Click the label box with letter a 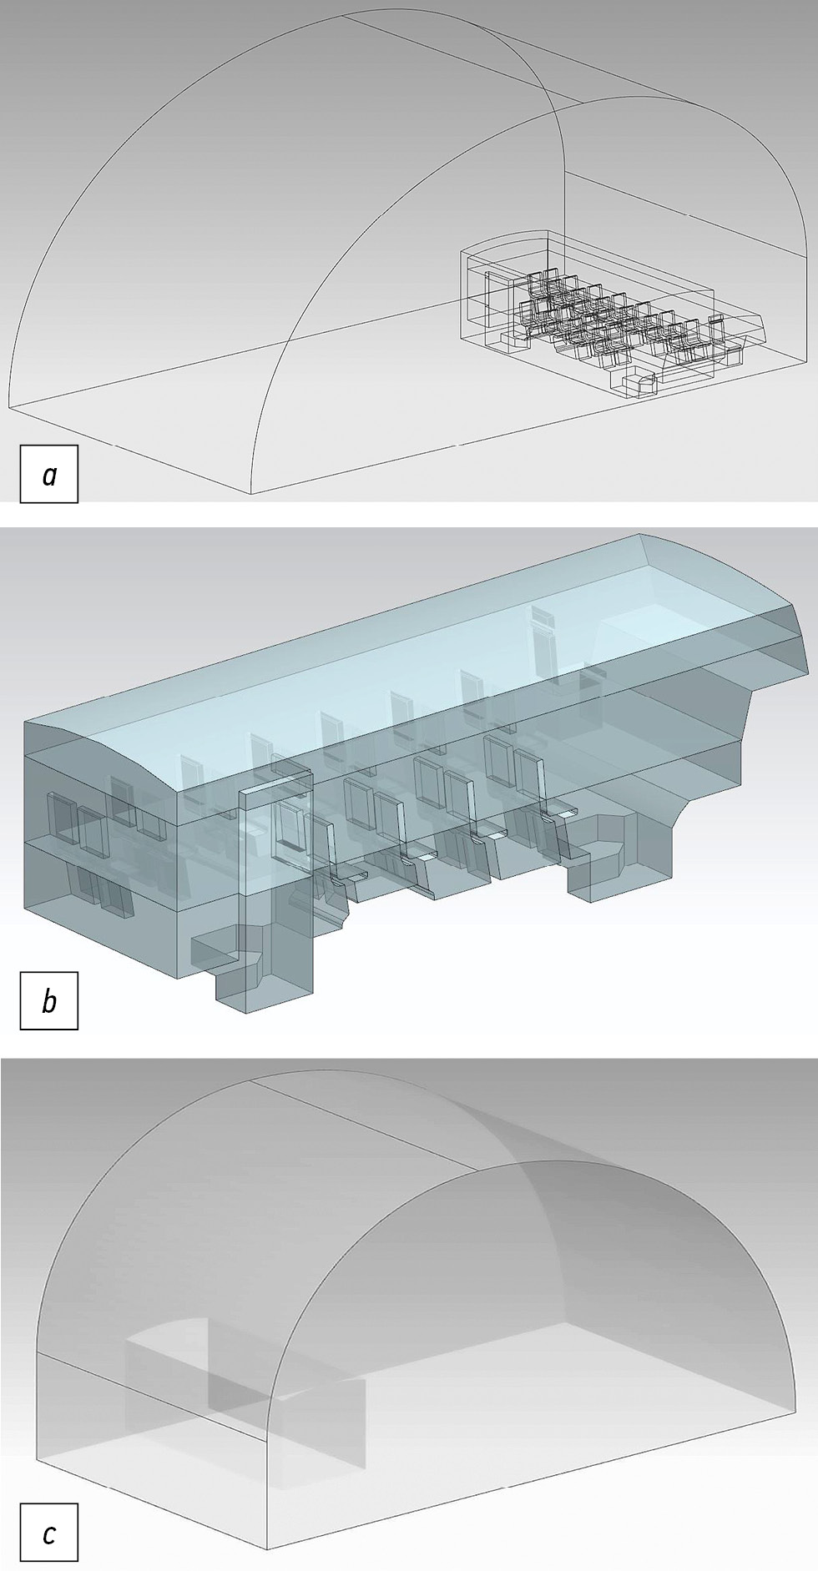pos(49,475)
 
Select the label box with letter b pos(49,1000)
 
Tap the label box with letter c pos(49,1532)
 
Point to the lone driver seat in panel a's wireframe pos(641,383)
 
